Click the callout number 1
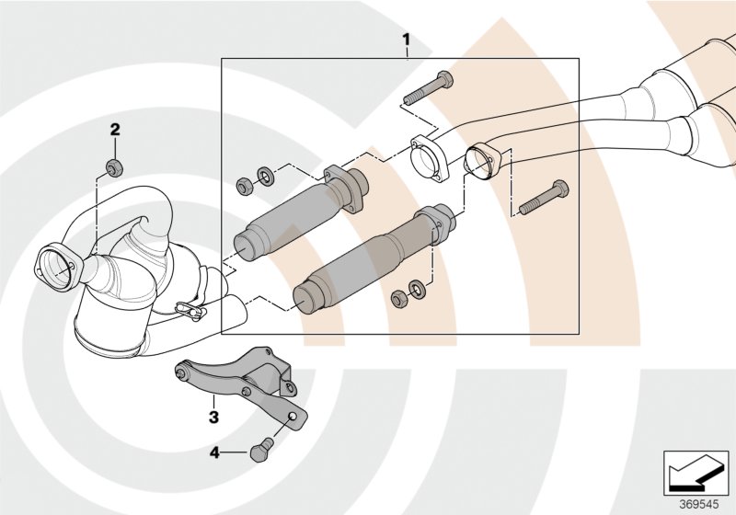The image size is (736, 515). click(x=405, y=40)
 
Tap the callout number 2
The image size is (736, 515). click(x=116, y=129)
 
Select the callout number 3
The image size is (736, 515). click(x=213, y=417)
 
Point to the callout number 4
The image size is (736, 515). click(x=215, y=452)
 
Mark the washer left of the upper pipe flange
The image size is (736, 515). click(x=265, y=173)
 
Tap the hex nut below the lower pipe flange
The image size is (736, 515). click(x=397, y=298)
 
